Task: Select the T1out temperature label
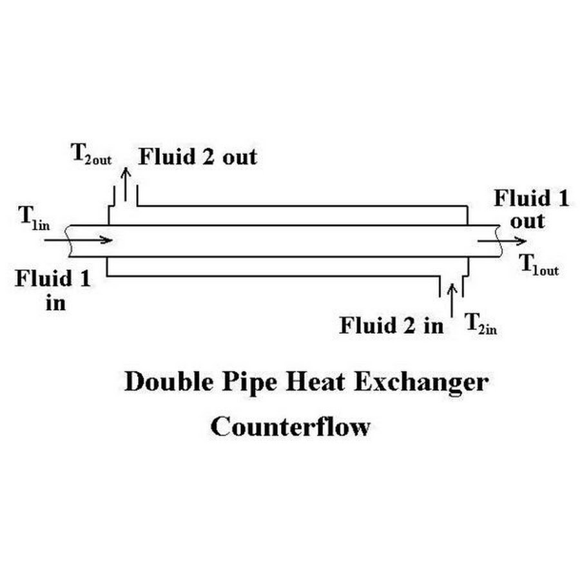click(539, 266)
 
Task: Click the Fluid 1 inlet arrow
click(77, 240)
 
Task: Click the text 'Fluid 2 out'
click(198, 157)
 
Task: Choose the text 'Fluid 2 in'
click(392, 325)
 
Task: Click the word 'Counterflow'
click(291, 426)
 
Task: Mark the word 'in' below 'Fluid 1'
click(55, 302)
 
